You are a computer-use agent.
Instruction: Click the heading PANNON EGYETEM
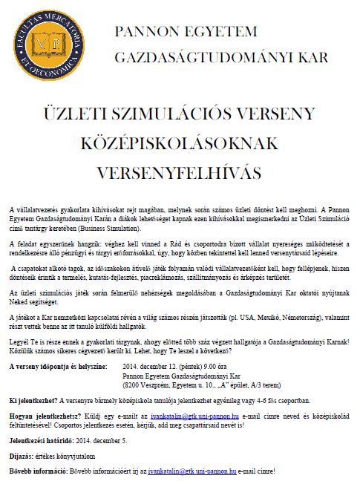tap(186, 32)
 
